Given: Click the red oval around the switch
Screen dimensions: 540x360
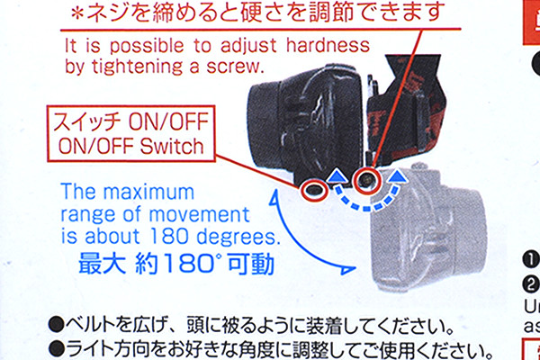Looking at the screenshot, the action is pyautogui.click(x=302, y=190).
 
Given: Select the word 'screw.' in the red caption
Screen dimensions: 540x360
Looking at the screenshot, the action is pyautogui.click(x=235, y=66).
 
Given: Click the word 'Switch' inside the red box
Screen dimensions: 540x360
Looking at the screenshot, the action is pyautogui.click(x=172, y=147).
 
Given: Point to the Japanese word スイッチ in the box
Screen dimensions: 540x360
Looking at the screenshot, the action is pyautogui.click(x=86, y=122).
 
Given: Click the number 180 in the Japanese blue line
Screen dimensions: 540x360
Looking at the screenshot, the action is pyautogui.click(x=177, y=265).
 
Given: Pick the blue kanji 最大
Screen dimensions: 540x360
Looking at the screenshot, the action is pyautogui.click(x=102, y=265).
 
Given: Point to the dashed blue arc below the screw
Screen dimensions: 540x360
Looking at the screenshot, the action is pyautogui.click(x=367, y=208).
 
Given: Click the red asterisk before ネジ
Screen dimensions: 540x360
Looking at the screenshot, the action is pyautogui.click(x=77, y=14).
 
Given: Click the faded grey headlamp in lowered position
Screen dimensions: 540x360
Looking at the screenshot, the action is pyautogui.click(x=427, y=228).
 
